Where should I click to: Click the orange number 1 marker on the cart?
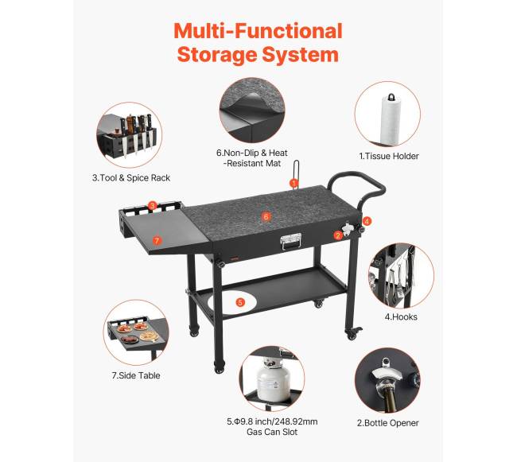pyautogui.click(x=293, y=183)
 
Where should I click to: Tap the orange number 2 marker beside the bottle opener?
pyautogui.click(x=337, y=235)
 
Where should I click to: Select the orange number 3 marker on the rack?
pyautogui.click(x=152, y=206)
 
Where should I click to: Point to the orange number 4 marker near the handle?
pyautogui.click(x=367, y=221)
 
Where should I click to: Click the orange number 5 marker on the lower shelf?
pyautogui.click(x=240, y=302)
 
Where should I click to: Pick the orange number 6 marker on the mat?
pyautogui.click(x=266, y=216)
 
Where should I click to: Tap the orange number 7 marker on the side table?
pyautogui.click(x=157, y=240)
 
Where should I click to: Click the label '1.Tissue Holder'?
pyautogui.click(x=389, y=156)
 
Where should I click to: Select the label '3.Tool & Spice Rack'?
pyautogui.click(x=131, y=178)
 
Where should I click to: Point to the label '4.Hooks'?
pyautogui.click(x=401, y=316)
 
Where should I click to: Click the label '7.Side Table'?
pyautogui.click(x=136, y=375)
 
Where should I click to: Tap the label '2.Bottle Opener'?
pyautogui.click(x=388, y=423)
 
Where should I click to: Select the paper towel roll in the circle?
pyautogui.click(x=391, y=120)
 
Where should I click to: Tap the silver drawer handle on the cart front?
pyautogui.click(x=291, y=242)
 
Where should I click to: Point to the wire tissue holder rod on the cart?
pyautogui.click(x=296, y=174)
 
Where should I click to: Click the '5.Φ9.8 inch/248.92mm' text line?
pyautogui.click(x=272, y=421)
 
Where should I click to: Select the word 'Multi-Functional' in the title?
pyautogui.click(x=258, y=31)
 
